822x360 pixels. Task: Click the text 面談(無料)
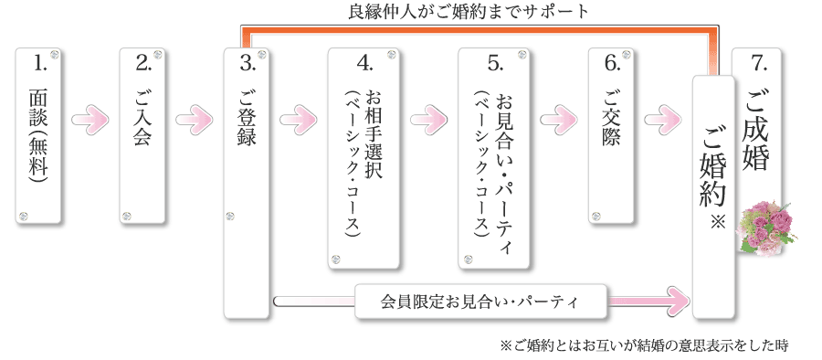point(38,136)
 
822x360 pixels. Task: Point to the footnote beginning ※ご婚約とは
point(643,346)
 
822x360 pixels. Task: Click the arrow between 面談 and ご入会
point(90,119)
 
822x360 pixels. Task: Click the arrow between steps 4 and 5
point(431,119)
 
